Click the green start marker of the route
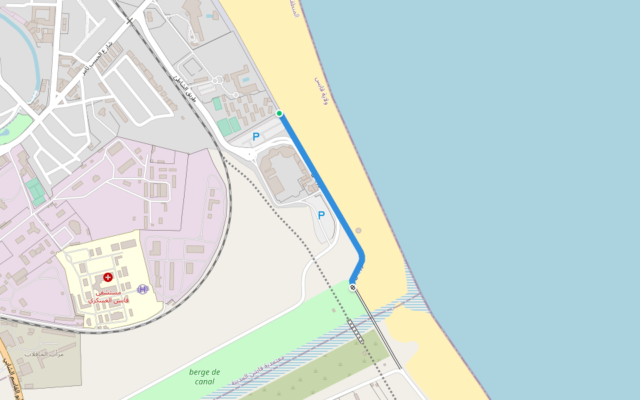click(279, 113)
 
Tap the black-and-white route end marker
click(353, 287)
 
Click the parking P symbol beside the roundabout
click(256, 137)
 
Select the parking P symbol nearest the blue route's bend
click(321, 215)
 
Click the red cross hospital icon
click(108, 277)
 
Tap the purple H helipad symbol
click(142, 289)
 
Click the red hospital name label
click(108, 297)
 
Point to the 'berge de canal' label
click(205, 377)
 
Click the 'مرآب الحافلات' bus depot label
click(44, 353)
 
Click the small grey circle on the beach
click(359, 231)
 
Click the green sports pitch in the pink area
click(35, 191)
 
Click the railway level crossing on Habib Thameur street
click(129, 21)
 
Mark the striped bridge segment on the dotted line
click(355, 331)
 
